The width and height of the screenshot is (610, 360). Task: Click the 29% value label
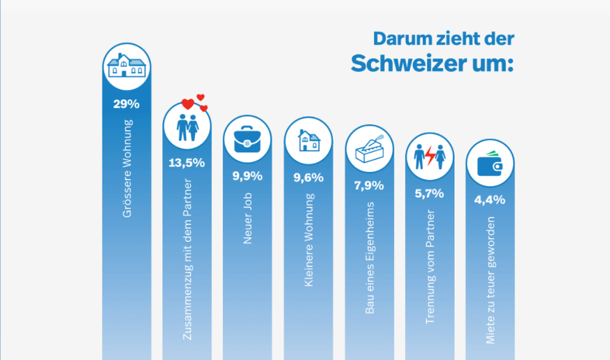pyautogui.click(x=126, y=105)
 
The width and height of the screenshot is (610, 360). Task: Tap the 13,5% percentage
pyautogui.click(x=187, y=163)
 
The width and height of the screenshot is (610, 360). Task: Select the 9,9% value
pyautogui.click(x=247, y=175)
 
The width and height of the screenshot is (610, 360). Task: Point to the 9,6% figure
pyautogui.click(x=308, y=178)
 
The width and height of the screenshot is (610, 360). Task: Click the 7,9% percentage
pyautogui.click(x=369, y=187)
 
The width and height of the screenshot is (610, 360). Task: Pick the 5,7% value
pyautogui.click(x=430, y=194)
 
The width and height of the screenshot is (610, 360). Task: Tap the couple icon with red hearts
pyautogui.click(x=187, y=126)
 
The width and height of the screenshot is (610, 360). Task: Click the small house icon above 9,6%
pyautogui.click(x=308, y=142)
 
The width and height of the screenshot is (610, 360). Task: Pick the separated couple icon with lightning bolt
pyautogui.click(x=430, y=157)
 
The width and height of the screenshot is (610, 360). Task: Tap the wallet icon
pyautogui.click(x=490, y=165)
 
